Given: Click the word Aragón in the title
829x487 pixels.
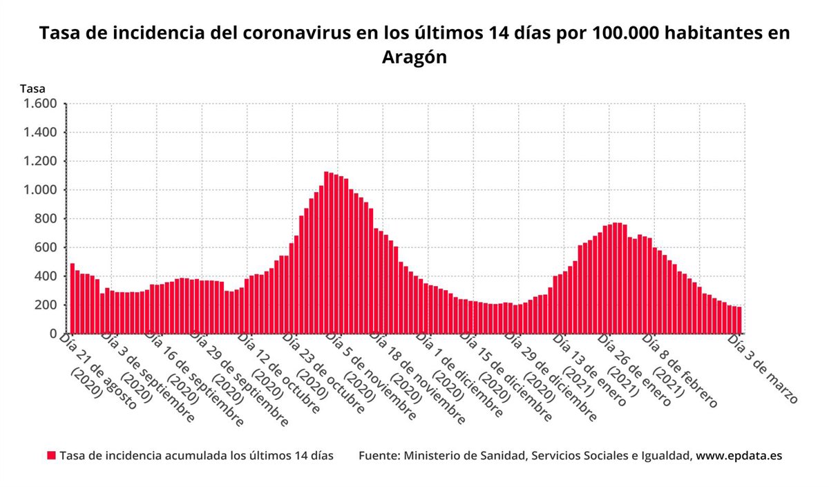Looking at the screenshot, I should [x=414, y=58].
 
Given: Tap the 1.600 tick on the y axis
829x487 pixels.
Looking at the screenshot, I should [x=40, y=104].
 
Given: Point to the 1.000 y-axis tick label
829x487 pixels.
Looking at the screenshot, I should [x=40, y=190].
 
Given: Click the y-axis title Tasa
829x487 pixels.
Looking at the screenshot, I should [x=32, y=88].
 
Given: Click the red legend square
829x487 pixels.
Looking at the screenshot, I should [x=51, y=456].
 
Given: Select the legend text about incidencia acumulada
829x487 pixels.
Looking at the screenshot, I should [x=196, y=456].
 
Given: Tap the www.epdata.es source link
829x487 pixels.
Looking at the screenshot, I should [x=739, y=456].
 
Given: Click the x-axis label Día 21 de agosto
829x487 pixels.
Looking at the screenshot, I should [x=97, y=370].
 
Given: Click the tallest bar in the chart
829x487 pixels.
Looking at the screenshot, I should [x=326, y=253].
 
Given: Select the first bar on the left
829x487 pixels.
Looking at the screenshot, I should [x=73, y=298].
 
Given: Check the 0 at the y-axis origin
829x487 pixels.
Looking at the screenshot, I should [x=53, y=334].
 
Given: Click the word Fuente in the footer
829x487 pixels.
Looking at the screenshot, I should [x=378, y=456].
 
